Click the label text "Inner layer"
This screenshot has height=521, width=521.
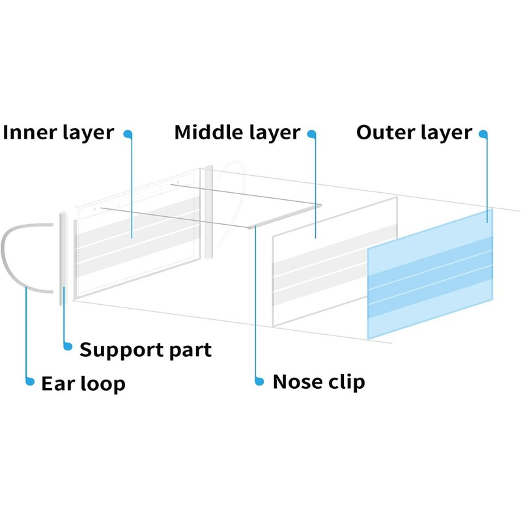59,133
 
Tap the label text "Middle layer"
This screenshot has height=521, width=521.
237,133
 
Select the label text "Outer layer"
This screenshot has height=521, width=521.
414,133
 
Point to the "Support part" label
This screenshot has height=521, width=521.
145,350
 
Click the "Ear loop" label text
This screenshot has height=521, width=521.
83,383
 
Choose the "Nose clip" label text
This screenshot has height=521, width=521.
318,382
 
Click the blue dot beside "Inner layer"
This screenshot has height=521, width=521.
128,134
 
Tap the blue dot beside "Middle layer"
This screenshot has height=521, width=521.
312,134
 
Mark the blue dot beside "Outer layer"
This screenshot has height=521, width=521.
483,134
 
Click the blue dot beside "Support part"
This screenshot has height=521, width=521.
66,346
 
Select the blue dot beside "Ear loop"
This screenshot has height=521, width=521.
29,382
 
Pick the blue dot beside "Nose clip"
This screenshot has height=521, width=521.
259,381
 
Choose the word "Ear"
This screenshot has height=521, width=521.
55,383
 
